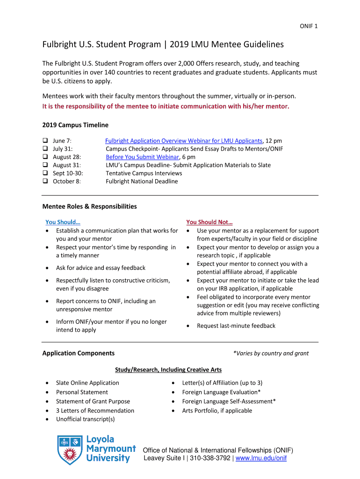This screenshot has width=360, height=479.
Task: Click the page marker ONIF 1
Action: (x=309, y=26)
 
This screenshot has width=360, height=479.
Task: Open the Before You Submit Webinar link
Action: (x=143, y=157)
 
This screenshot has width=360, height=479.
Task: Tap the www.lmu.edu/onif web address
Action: (x=261, y=458)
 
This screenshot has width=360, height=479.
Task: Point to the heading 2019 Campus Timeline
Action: (x=75, y=125)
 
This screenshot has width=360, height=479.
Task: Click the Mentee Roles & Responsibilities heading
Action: (x=89, y=206)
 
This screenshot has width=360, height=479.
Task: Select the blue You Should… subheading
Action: (x=63, y=222)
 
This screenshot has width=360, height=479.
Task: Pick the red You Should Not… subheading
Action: (x=209, y=222)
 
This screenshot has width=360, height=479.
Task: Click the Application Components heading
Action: (x=78, y=353)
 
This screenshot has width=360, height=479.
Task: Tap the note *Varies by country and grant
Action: (x=271, y=354)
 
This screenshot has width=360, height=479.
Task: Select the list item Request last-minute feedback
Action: (x=236, y=326)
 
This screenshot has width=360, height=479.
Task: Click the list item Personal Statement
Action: (x=82, y=392)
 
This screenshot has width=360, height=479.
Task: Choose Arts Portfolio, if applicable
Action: (x=217, y=411)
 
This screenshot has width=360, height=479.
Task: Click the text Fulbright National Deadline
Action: (x=142, y=181)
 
